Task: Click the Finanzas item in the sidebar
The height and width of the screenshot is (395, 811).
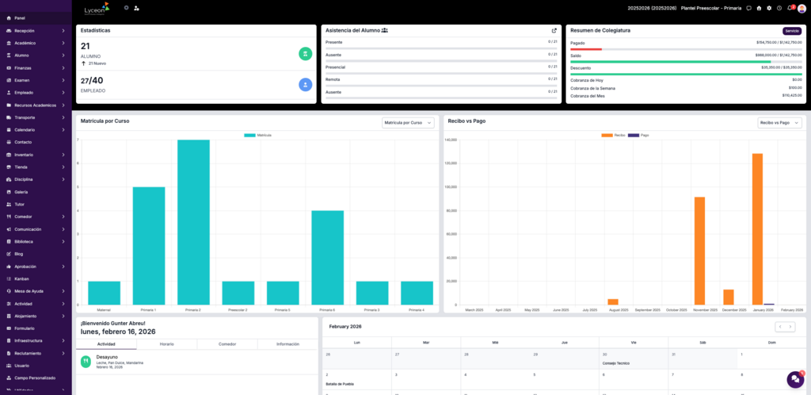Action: click(x=23, y=67)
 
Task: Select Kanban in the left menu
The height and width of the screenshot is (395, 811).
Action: click(x=21, y=278)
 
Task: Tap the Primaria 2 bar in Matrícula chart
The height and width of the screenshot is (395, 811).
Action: click(x=193, y=222)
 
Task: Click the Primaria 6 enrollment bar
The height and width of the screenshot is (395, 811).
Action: click(x=327, y=257)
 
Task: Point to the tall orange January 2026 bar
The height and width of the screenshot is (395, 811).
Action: click(x=757, y=228)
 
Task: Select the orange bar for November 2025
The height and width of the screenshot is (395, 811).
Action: click(x=699, y=251)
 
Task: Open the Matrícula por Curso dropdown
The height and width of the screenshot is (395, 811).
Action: click(x=408, y=123)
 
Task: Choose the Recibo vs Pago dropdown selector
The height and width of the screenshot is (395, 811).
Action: click(x=779, y=123)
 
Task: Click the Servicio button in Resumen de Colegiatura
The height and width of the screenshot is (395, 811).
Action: click(x=791, y=31)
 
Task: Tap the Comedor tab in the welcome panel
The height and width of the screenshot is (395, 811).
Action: click(x=227, y=344)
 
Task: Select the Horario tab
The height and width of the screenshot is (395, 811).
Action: click(x=166, y=344)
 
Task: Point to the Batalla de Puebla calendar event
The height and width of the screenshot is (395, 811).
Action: click(x=338, y=384)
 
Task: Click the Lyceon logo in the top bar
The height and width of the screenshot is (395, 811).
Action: click(x=97, y=9)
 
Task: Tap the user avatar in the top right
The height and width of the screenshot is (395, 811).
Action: click(x=801, y=8)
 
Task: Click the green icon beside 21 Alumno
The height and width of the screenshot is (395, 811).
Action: click(x=305, y=53)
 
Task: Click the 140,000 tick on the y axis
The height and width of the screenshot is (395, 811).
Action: click(x=451, y=140)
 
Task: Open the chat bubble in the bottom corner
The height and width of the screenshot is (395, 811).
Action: click(x=794, y=379)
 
